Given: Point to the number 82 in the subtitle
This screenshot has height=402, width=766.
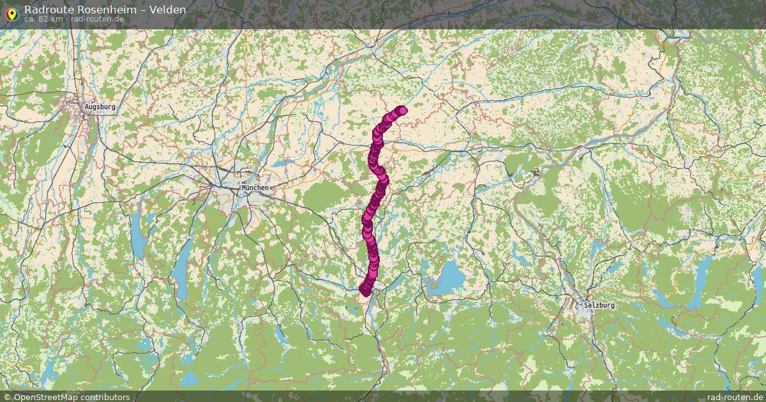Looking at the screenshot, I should coord(41,19).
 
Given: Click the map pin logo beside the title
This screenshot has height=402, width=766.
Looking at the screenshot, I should coord(11,13).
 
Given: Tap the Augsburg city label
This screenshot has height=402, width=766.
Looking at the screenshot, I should coord(100,107).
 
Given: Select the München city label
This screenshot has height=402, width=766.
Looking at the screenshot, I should coord(255,188).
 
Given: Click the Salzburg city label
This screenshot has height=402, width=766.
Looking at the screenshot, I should coord(599,305).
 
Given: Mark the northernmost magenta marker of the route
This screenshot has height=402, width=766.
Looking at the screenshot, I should coord(402,110).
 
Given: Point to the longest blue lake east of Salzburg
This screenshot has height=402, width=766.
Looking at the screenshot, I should coord(701,274).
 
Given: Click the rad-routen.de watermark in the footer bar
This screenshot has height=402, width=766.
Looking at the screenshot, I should coord(735,397).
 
